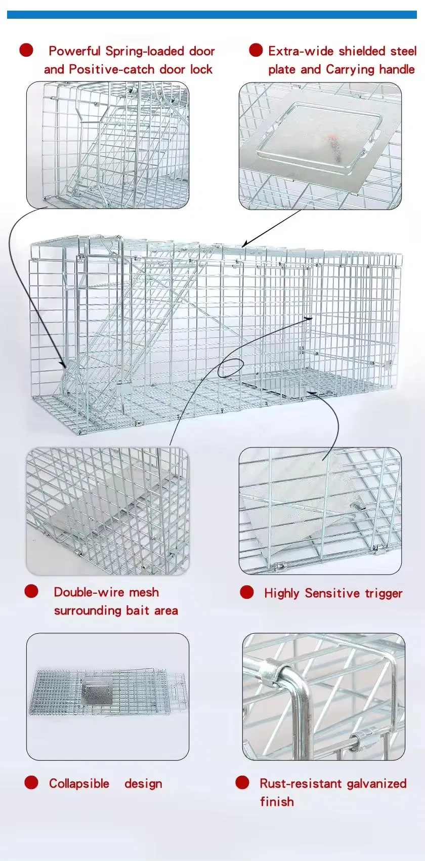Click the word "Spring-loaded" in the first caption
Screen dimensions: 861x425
144,51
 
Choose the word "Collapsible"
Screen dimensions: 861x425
79,784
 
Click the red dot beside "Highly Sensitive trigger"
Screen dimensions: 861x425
247,592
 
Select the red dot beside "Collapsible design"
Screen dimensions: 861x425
31,783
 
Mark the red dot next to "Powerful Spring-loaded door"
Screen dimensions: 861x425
26,50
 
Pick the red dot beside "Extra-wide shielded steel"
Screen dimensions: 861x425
256,50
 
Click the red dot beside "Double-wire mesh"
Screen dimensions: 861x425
31,591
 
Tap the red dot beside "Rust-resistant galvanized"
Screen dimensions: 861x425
242,783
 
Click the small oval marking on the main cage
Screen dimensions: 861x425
230,368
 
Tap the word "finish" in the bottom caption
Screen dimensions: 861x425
277,802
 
